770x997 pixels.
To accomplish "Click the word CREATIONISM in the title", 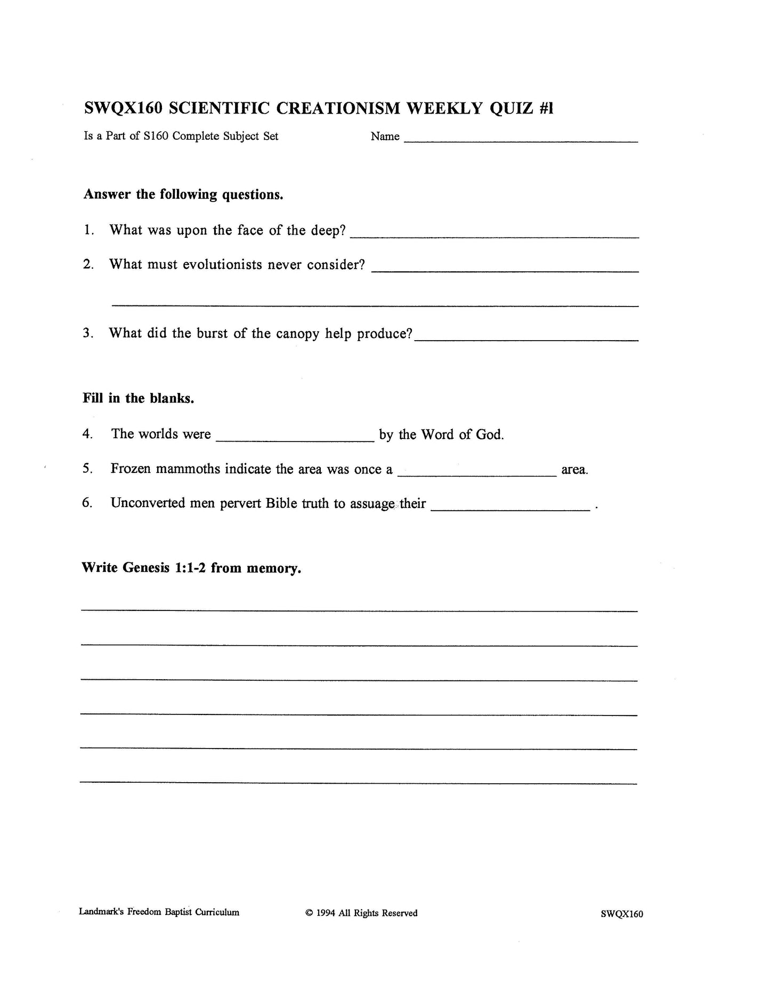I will [339, 108].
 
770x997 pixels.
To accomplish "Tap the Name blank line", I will [521, 141].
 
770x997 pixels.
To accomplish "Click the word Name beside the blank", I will [385, 136].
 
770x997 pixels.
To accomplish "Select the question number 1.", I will [88, 230].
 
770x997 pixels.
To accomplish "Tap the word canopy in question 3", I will [297, 334].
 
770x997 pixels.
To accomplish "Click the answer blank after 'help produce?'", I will [526, 339].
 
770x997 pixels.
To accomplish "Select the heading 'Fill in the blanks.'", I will [138, 398].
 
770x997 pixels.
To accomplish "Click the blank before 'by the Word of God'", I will [295, 440].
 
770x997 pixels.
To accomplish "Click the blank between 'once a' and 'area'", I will [477, 475].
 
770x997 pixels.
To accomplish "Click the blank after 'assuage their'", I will [510, 509].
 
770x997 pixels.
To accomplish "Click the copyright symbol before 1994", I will [309, 913].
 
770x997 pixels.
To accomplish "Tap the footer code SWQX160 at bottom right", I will [621, 914].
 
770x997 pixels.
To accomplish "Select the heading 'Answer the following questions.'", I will [183, 195].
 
